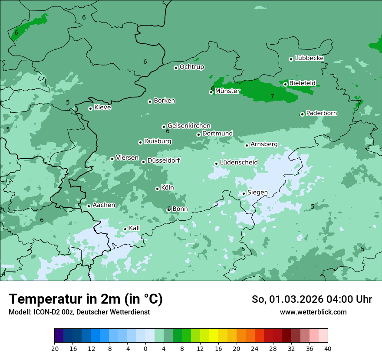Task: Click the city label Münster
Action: [x=227, y=91]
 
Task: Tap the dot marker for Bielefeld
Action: [x=286, y=84]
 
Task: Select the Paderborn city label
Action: [x=322, y=113]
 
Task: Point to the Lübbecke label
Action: [x=310, y=58]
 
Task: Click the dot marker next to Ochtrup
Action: [x=176, y=68]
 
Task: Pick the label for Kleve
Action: [x=103, y=108]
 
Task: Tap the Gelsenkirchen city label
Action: [x=189, y=126]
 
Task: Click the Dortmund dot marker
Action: [x=199, y=134]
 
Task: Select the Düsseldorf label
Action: [x=164, y=160]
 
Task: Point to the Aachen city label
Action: [x=104, y=205]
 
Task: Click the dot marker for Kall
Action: [x=125, y=229]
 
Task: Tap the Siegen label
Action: [x=257, y=193]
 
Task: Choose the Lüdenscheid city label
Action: [x=239, y=163]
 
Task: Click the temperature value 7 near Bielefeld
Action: [x=272, y=96]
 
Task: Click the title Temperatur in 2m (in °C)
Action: [x=86, y=299]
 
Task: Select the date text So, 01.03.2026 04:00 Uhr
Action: [x=312, y=299]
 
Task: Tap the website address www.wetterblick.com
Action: [x=313, y=312]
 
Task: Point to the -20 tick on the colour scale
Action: [x=54, y=349]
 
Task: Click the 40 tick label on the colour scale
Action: [x=328, y=349]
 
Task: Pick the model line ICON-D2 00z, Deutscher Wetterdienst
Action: [x=79, y=312]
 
